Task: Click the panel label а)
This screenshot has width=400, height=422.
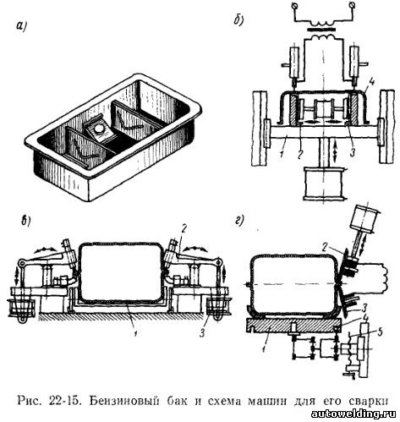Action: click(21, 26)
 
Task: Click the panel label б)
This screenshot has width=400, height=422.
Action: click(238, 20)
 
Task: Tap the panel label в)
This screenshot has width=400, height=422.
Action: click(27, 222)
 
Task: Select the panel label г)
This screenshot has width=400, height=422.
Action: click(239, 222)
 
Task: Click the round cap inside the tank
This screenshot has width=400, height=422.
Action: click(99, 129)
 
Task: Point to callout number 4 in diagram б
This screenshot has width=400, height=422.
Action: click(372, 83)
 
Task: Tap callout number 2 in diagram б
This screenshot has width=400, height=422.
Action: click(299, 154)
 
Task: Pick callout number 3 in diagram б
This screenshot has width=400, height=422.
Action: click(352, 154)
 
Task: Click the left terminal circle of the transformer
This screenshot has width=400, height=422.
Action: click(294, 5)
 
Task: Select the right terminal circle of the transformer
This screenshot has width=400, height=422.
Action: click(353, 5)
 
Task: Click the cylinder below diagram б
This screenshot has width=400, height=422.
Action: click(324, 184)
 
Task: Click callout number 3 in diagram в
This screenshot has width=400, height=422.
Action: click(202, 333)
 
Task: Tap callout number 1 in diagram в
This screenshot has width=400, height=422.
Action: click(136, 334)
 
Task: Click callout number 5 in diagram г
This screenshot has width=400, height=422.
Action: click(380, 332)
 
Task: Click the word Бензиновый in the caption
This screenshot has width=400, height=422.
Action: click(123, 401)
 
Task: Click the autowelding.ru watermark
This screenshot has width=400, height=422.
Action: click(353, 414)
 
